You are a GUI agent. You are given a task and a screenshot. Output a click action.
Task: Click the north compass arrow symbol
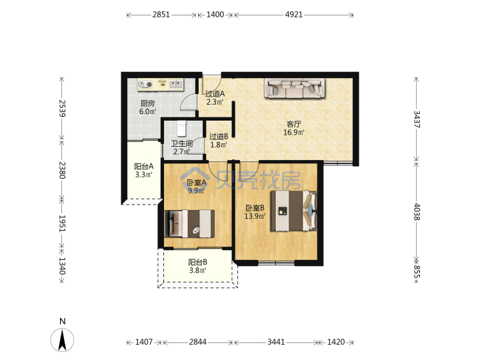click(x=62, y=340)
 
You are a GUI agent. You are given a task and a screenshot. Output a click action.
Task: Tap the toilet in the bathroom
click(x=181, y=129)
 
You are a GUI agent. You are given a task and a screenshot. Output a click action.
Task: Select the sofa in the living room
click(x=295, y=88)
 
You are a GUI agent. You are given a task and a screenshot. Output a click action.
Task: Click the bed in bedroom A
click(x=189, y=224)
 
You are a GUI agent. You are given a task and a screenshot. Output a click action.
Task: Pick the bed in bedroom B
click(x=293, y=211)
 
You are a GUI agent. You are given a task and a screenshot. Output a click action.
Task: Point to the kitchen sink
click(x=176, y=83)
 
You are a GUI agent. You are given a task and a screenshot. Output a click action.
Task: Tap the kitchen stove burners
click(x=145, y=85)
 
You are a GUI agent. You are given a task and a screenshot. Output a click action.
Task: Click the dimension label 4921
click(x=294, y=15)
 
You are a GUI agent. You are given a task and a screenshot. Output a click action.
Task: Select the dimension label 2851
click(x=161, y=15)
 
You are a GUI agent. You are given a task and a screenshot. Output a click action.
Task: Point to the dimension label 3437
click(x=417, y=119)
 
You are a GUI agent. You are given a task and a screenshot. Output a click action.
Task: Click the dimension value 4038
click(x=417, y=211)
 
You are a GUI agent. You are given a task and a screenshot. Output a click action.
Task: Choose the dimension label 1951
click(x=62, y=223)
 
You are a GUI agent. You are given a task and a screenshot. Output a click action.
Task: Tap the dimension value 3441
click(x=276, y=341)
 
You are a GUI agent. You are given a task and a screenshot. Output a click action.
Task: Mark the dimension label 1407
click(x=144, y=341)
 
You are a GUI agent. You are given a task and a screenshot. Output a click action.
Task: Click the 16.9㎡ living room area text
click(x=294, y=133)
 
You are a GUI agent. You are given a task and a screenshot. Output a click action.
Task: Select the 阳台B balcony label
click(x=198, y=262)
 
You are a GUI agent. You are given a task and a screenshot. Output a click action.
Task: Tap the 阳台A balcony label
click(x=144, y=167)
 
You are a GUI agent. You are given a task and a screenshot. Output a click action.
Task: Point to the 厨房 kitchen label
click(x=147, y=103)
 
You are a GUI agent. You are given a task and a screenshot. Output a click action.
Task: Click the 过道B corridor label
click(x=219, y=137)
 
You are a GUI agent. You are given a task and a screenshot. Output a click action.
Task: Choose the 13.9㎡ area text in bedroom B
click(x=255, y=217)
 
